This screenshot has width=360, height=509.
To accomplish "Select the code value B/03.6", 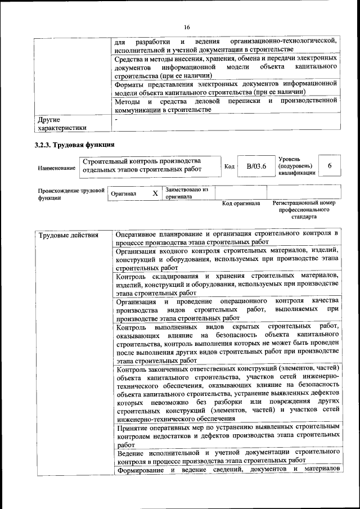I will [256, 166].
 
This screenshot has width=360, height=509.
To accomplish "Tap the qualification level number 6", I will [330, 166].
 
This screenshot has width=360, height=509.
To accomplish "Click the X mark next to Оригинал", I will [155, 193].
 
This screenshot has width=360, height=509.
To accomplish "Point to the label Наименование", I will [56, 168].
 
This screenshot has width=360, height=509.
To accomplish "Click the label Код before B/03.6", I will [229, 166].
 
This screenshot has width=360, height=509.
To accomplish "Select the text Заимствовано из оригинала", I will [187, 193].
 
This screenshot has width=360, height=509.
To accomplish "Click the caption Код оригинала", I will [241, 203].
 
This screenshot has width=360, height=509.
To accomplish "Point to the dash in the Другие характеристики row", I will [116, 119].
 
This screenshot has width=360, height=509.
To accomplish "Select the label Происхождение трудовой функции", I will [71, 193].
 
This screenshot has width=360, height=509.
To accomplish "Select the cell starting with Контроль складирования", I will [227, 283].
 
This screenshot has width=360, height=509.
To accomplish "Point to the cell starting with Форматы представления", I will [227, 87].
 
